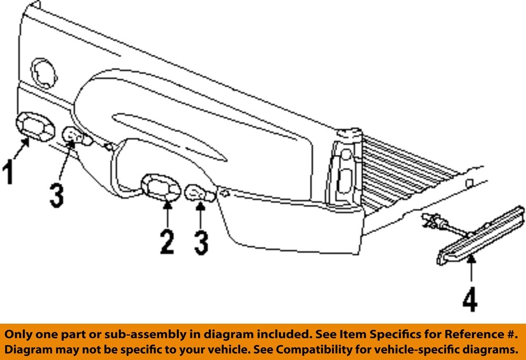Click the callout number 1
point(8,173)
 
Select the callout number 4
point(470,300)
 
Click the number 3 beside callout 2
point(201,242)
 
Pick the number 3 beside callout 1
point(57,195)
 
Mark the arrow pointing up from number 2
point(167,214)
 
